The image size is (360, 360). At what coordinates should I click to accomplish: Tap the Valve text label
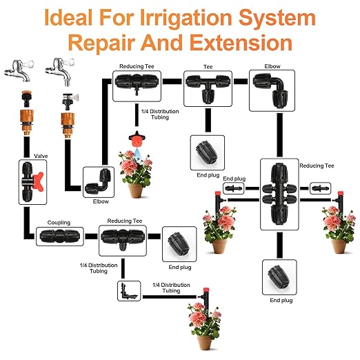[39, 157]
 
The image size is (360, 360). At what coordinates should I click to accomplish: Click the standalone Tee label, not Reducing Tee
[208, 68]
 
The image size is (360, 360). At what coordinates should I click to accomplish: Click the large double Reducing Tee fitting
[279, 194]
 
